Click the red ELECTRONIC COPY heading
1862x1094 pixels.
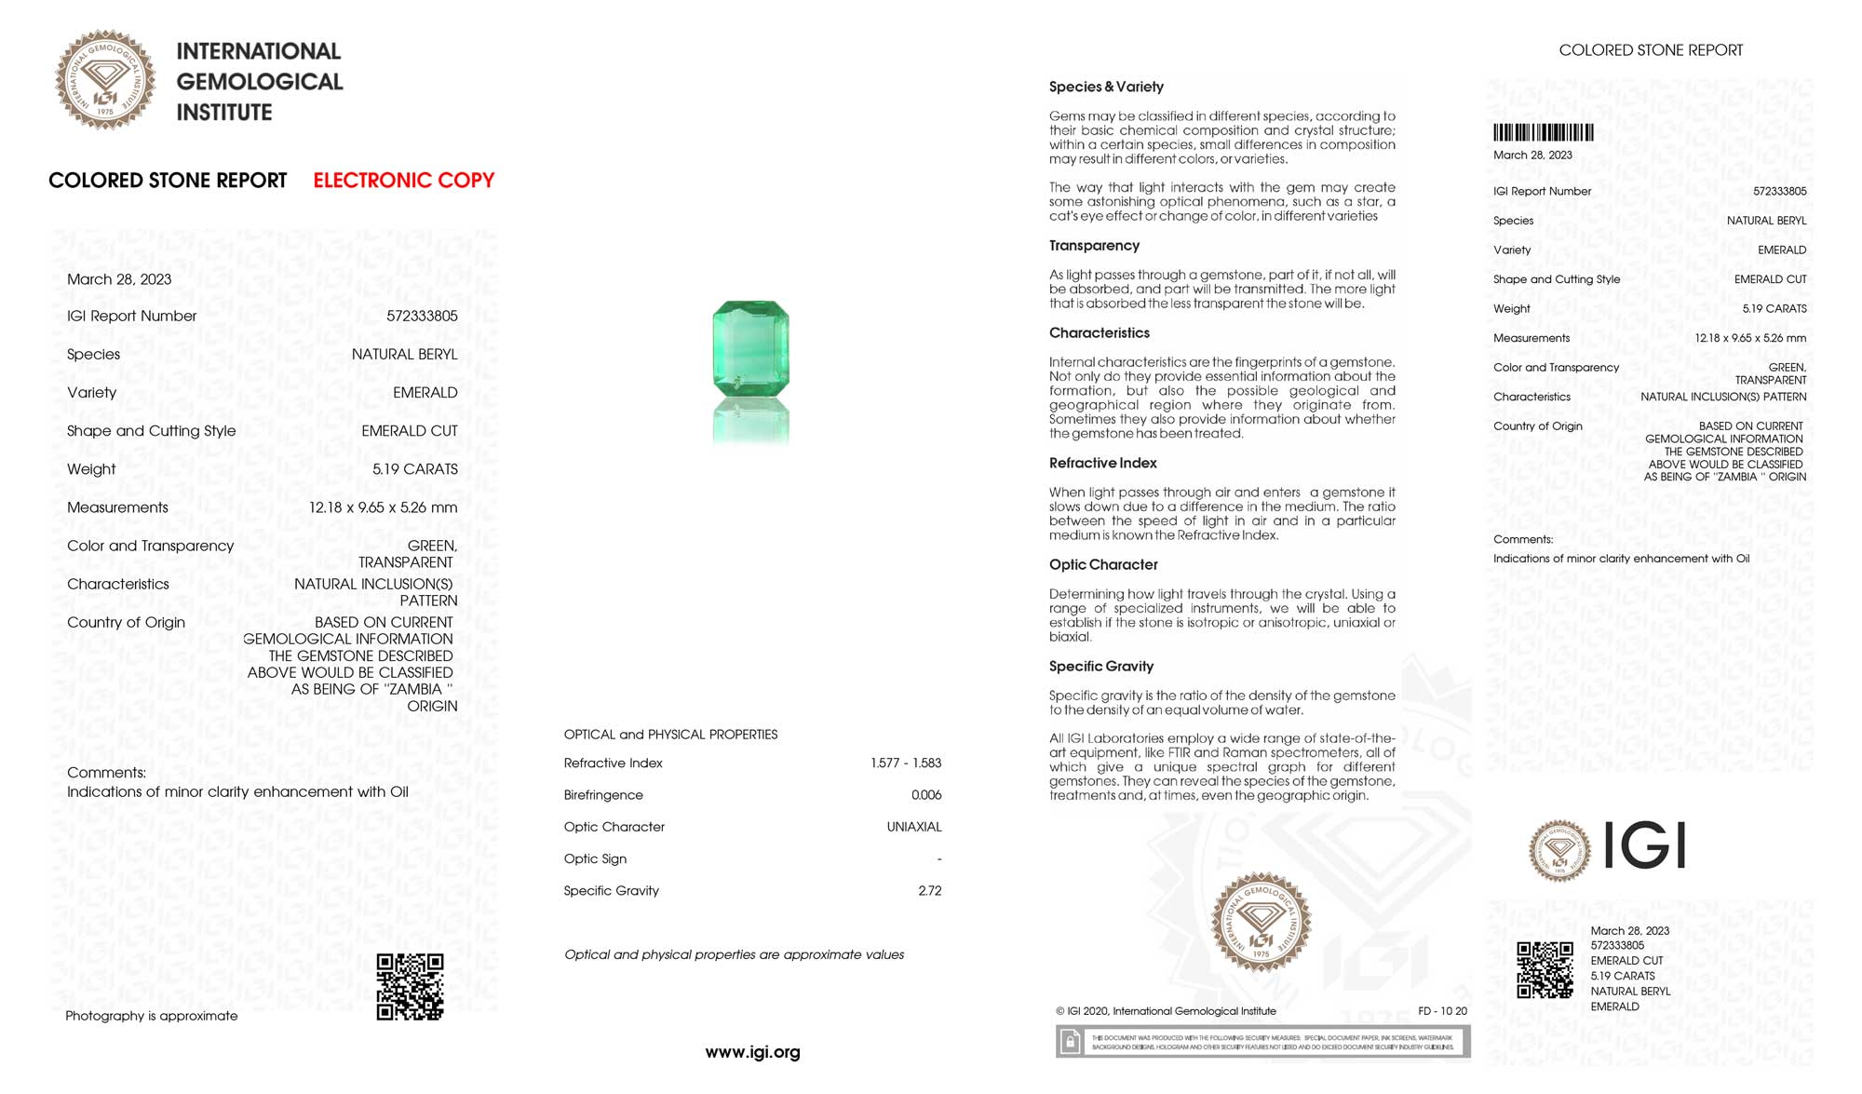coord(403,181)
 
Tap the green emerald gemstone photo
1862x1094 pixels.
coord(750,347)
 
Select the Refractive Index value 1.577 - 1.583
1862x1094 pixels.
coord(906,763)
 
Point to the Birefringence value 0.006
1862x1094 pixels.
coord(926,795)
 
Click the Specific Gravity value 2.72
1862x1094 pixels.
coord(929,891)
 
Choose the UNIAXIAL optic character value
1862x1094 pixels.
coord(914,827)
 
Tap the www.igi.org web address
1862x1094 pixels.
coord(752,1052)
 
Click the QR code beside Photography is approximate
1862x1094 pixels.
coord(410,987)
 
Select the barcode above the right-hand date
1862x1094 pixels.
coord(1543,133)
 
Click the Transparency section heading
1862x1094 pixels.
coord(1094,246)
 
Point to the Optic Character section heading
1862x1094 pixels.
coord(1103,565)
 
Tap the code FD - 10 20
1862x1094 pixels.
coord(1442,1011)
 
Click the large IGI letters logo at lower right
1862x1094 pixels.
coord(1645,846)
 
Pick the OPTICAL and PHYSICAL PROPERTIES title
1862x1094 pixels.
coord(670,735)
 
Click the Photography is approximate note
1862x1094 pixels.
coord(152,1016)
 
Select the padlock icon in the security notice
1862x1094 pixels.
coord(1071,1042)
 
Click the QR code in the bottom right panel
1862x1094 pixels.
coord(1545,969)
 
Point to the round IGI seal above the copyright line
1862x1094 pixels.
coord(1261,923)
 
